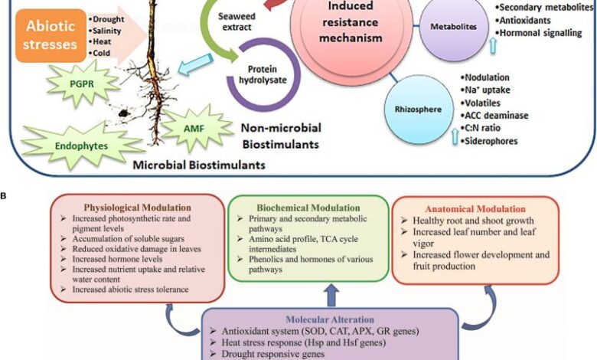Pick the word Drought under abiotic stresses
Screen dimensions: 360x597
pyautogui.click(x=111, y=17)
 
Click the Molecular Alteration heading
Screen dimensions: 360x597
pyautogui.click(x=330, y=319)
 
